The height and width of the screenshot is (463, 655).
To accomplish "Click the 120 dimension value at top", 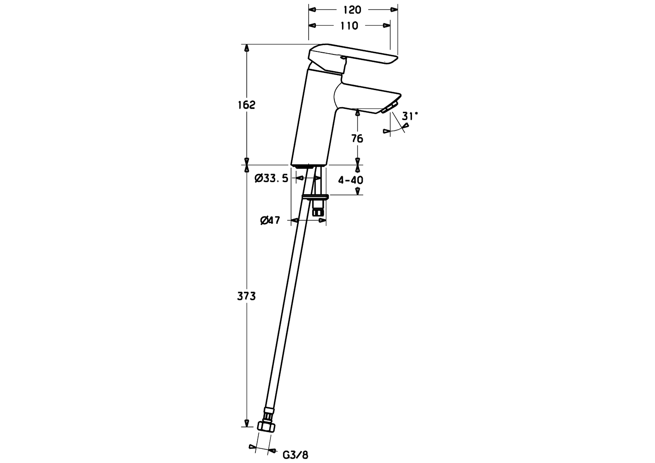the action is click(x=352, y=10).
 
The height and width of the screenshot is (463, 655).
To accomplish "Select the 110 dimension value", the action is click(x=349, y=26).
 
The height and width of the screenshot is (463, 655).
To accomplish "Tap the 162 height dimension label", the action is click(x=246, y=105).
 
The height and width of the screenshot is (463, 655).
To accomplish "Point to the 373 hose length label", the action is click(x=246, y=296).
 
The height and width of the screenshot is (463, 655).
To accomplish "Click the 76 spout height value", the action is click(x=357, y=138).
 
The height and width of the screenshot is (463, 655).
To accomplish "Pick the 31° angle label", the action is click(x=410, y=116).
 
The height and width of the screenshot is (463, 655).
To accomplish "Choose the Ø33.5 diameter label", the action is click(x=271, y=178).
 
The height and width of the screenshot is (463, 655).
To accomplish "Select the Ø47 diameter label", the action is click(x=270, y=220).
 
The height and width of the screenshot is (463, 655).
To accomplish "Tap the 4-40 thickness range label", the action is click(x=351, y=180).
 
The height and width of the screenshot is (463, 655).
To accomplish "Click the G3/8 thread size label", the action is click(x=295, y=455).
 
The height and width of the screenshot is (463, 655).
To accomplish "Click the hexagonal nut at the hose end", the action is click(x=266, y=427).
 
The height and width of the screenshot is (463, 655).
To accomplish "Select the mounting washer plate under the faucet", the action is click(x=316, y=197).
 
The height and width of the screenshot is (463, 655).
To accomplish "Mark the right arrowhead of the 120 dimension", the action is click(x=394, y=10).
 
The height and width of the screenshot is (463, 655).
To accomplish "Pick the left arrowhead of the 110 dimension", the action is click(x=312, y=26).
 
